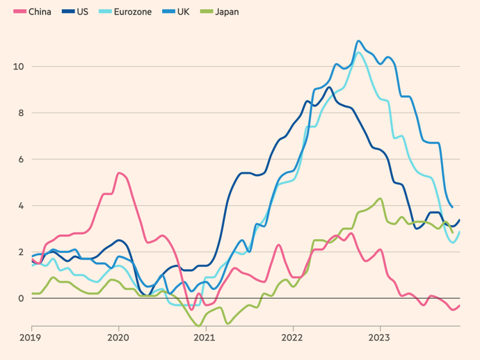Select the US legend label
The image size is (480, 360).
point(82,12)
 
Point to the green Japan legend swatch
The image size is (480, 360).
point(206,12)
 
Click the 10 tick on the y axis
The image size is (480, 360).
point(19,67)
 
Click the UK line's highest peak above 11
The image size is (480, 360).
point(358,41)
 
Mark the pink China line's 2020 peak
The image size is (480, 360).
point(119,173)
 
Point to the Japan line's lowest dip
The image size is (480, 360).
point(199,325)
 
